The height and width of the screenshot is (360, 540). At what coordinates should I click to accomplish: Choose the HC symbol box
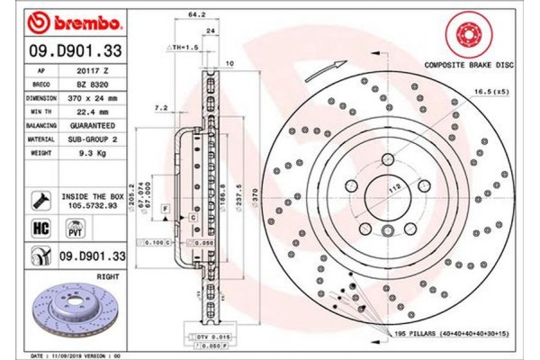click(40, 229)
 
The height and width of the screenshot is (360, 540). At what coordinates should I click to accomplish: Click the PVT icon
click(65, 229)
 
